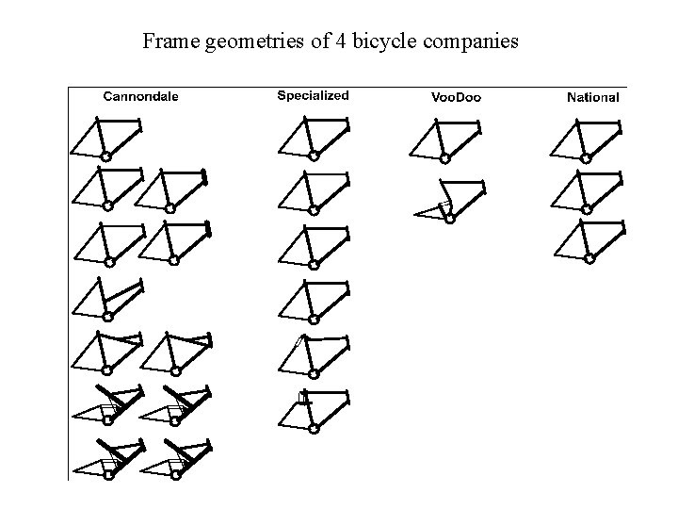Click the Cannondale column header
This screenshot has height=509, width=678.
coord(140,96)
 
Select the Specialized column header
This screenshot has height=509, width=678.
coord(314,95)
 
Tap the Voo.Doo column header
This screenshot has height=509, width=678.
coord(456,97)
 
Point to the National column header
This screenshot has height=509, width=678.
coord(593,97)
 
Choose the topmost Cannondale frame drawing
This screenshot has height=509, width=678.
coord(106,138)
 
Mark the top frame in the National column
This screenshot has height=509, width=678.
coord(586,138)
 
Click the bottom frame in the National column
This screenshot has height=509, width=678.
coord(586,240)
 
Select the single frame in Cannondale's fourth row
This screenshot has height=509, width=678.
coord(106,298)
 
